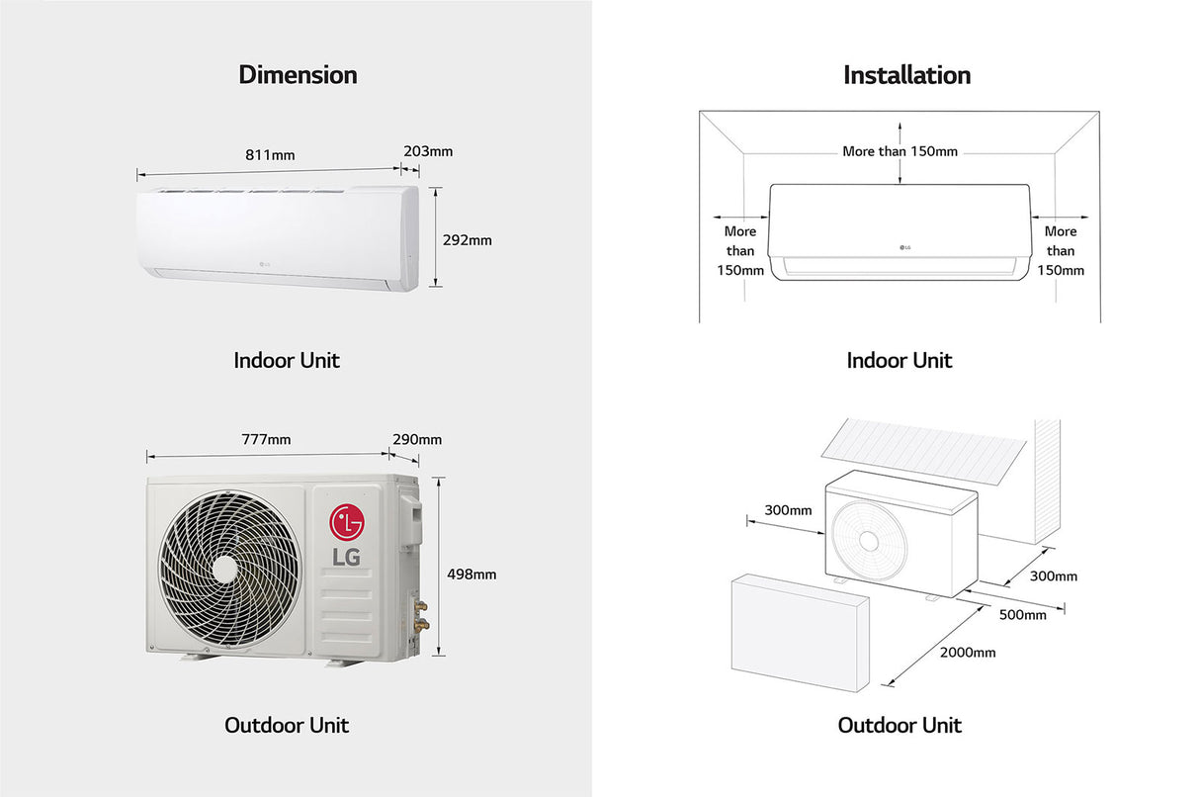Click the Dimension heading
pyautogui.click(x=298, y=75)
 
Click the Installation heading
pyautogui.click(x=906, y=75)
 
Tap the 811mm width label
pyautogui.click(x=270, y=154)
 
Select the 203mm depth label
pyautogui.click(x=428, y=151)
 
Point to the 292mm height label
pyautogui.click(x=467, y=239)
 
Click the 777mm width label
pyautogui.click(x=266, y=439)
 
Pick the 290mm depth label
pyautogui.click(x=417, y=439)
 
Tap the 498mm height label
pyautogui.click(x=471, y=574)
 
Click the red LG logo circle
pyautogui.click(x=347, y=521)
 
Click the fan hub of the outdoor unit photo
pyautogui.click(x=225, y=567)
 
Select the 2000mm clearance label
pyautogui.click(x=967, y=652)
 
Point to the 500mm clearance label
pyautogui.click(x=1022, y=614)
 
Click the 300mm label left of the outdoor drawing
pyautogui.click(x=788, y=510)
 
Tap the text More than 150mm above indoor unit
pyautogui.click(x=900, y=151)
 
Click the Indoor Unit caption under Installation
pyautogui.click(x=899, y=360)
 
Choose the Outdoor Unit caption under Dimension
pyautogui.click(x=287, y=725)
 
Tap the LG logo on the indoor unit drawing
pyautogui.click(x=904, y=247)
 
